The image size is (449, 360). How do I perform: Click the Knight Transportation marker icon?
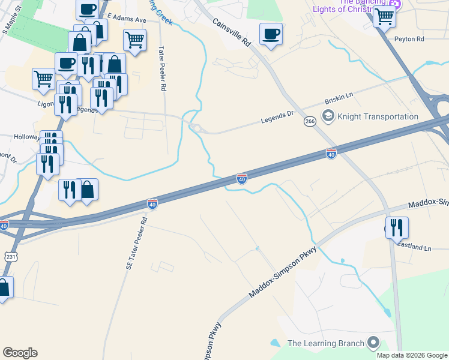pyautogui.click(x=328, y=116)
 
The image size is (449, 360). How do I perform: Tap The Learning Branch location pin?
pyautogui.click(x=373, y=343)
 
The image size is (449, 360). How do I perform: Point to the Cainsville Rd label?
pyautogui.click(x=231, y=32)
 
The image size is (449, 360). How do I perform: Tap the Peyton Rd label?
pyautogui.click(x=409, y=39)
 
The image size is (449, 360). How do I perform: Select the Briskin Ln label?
pyautogui.click(x=339, y=99)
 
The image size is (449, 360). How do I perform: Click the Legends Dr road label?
pyautogui.click(x=277, y=116)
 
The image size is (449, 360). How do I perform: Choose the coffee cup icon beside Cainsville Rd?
pyautogui.click(x=271, y=34)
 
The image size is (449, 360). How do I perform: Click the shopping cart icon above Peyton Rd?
pyautogui.click(x=384, y=16)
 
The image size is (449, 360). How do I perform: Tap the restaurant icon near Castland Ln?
pyautogui.click(x=397, y=227)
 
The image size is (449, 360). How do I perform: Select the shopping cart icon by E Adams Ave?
pyautogui.click(x=134, y=40)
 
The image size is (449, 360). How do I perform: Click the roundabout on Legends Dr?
pyautogui.click(x=195, y=128)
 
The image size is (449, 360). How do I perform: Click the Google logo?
pyautogui.click(x=20, y=353)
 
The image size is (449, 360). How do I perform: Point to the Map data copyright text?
pyautogui.click(x=411, y=355)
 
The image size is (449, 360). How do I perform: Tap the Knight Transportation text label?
pyautogui.click(x=378, y=116)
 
